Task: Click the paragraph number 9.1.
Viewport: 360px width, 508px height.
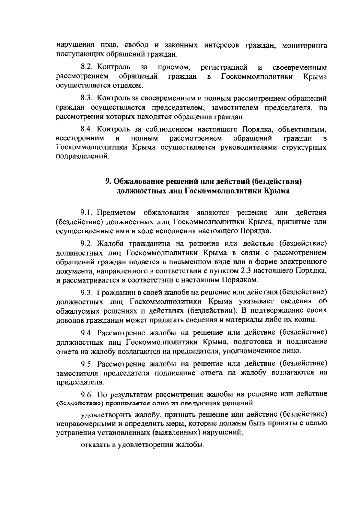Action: click(x=86, y=213)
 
